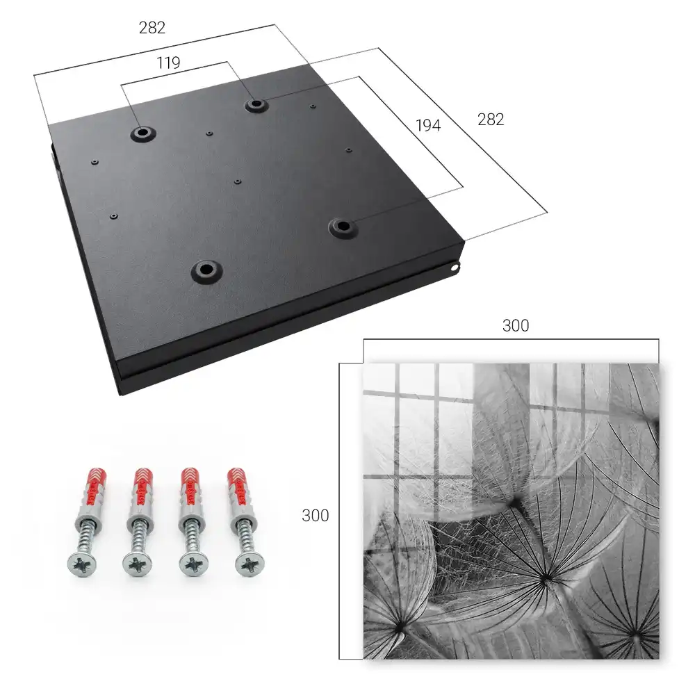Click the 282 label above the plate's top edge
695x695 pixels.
[x=152, y=28]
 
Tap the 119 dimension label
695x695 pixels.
[x=168, y=63]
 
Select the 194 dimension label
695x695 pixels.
[x=428, y=125]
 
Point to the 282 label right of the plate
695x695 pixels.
[x=491, y=120]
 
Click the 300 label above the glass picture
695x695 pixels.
[x=516, y=326]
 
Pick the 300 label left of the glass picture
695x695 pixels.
[x=315, y=516]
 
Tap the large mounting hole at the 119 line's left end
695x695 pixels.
[x=142, y=133]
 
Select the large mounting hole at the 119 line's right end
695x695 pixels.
[x=255, y=105]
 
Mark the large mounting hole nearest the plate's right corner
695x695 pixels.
[x=342, y=227]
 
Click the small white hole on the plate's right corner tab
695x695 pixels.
[x=454, y=268]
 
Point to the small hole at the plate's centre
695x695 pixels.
[x=238, y=181]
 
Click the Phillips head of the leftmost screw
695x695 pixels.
[x=83, y=564]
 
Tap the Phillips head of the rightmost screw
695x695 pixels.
[x=250, y=564]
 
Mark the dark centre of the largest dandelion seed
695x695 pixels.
[x=546, y=578]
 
